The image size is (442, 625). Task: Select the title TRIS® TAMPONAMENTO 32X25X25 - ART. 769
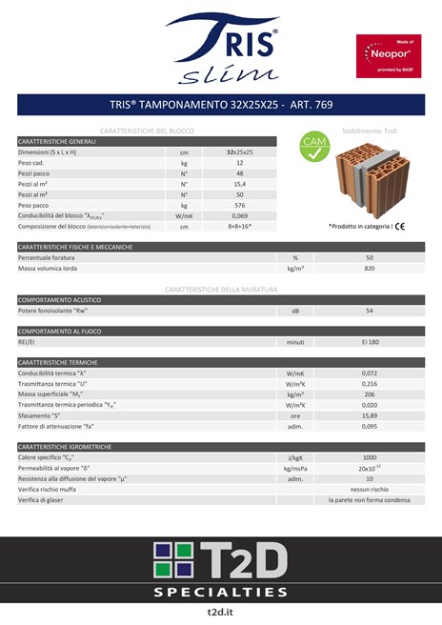(x=221, y=104)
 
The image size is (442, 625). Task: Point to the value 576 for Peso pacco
(x=240, y=205)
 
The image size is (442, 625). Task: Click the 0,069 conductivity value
(x=240, y=216)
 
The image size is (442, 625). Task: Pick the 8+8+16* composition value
(x=240, y=227)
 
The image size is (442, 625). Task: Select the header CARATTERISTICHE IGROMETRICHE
(x=66, y=446)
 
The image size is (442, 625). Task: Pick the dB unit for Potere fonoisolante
(x=295, y=311)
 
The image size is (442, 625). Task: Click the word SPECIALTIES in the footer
(x=221, y=592)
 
